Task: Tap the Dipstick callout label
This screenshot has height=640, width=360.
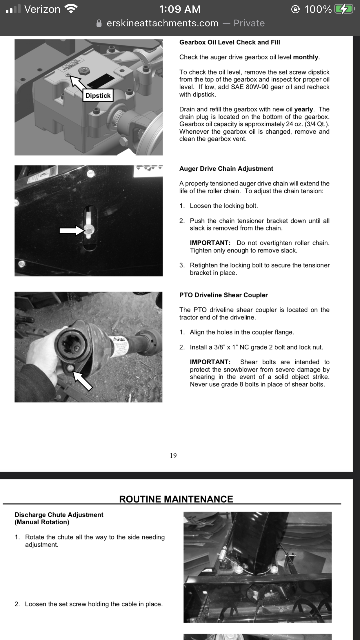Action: tap(98, 96)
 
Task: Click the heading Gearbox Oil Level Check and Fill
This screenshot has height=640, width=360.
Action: tap(230, 42)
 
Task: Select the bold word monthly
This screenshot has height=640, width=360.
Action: tap(306, 57)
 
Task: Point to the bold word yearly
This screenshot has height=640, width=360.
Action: tap(303, 109)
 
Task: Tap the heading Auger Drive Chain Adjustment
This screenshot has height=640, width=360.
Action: tap(226, 169)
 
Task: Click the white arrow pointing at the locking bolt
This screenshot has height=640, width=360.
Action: tap(71, 230)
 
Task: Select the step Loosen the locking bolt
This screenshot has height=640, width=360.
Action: tap(223, 206)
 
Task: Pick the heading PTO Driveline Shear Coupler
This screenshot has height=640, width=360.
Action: tap(223, 295)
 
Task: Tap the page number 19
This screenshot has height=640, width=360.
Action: tap(173, 455)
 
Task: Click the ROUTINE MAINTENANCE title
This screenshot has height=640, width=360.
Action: tap(176, 499)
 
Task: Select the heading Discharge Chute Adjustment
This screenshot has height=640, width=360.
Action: tap(59, 515)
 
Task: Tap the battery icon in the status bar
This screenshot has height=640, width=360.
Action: tap(344, 9)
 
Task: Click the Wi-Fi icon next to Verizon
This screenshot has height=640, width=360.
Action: tap(71, 9)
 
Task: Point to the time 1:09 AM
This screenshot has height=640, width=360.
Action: tap(180, 9)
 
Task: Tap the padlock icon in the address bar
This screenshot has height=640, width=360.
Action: tap(99, 23)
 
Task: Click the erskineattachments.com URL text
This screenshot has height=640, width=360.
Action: tap(162, 23)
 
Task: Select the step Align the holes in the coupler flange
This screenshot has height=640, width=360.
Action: tap(242, 332)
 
